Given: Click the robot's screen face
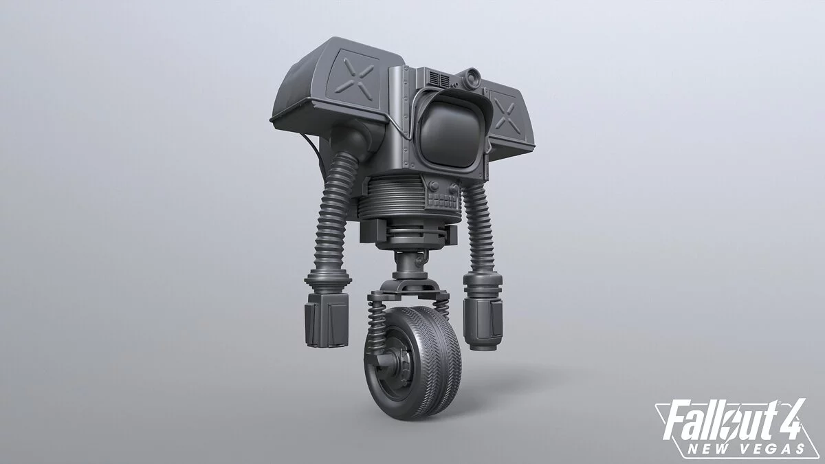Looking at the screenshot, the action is (x=450, y=133).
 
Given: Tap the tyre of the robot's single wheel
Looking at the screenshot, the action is (x=434, y=363).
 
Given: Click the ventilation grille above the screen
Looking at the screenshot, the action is (x=439, y=79).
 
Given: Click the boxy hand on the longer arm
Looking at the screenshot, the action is (x=327, y=320).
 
